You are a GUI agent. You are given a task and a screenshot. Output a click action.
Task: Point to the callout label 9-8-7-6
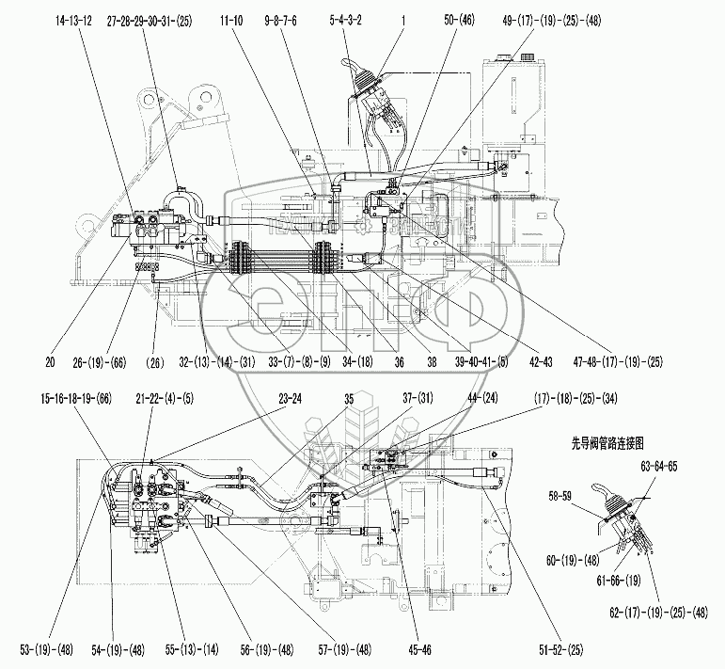280,19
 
